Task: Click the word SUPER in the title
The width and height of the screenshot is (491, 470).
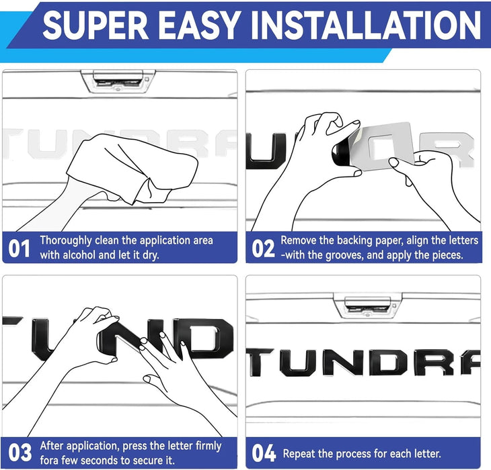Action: pos(96,25)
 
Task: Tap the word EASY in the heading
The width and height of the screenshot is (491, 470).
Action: pos(200,25)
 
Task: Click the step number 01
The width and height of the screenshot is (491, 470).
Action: pos(19,248)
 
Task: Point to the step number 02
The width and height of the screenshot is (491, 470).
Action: pos(263,248)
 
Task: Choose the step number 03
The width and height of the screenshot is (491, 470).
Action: pos(20,452)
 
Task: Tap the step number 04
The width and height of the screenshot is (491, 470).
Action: pos(264,453)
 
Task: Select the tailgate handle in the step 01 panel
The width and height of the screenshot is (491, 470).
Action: pos(118,81)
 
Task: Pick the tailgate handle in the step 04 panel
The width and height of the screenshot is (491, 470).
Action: pos(368,305)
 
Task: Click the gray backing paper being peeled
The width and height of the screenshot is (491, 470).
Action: pos(383,146)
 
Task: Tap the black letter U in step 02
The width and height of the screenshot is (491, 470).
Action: pos(266,151)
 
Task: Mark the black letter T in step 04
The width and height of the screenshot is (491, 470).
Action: pos(260,362)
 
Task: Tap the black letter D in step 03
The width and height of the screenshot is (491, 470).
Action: pos(207,339)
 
